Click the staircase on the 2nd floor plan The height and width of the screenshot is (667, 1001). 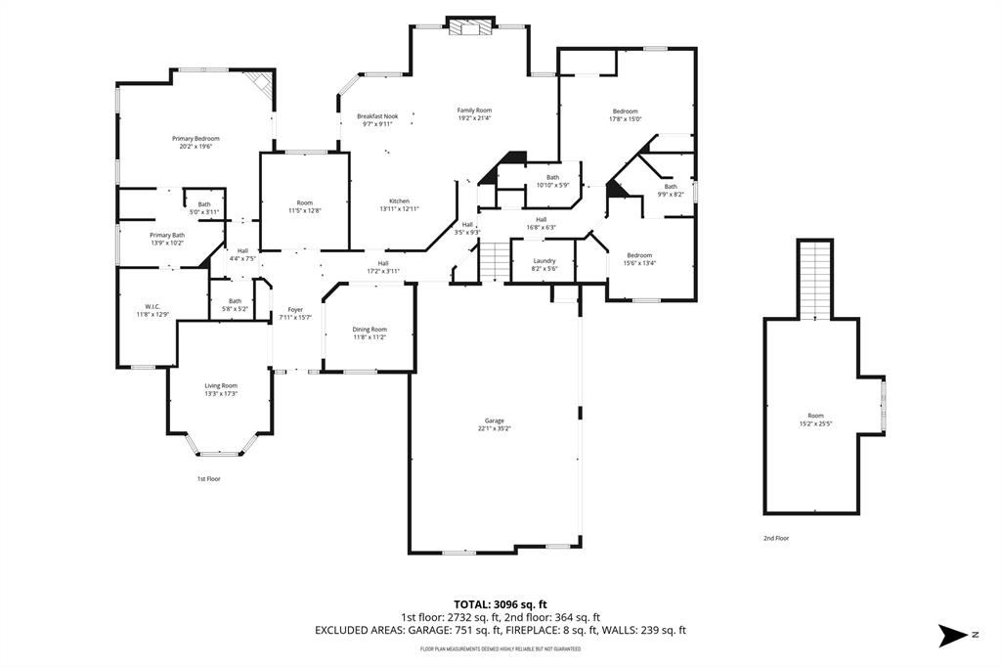[x=814, y=279]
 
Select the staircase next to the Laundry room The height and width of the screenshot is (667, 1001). [x=496, y=261]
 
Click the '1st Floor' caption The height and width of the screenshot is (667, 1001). [x=209, y=479]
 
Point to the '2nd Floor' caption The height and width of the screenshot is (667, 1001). [x=776, y=539]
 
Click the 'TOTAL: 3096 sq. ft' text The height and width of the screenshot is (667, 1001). [x=500, y=603]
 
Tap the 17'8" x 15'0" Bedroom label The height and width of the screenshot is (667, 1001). [x=626, y=114]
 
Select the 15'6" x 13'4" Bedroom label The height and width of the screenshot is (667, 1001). [x=640, y=258]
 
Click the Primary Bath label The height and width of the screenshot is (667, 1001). [x=167, y=239]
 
